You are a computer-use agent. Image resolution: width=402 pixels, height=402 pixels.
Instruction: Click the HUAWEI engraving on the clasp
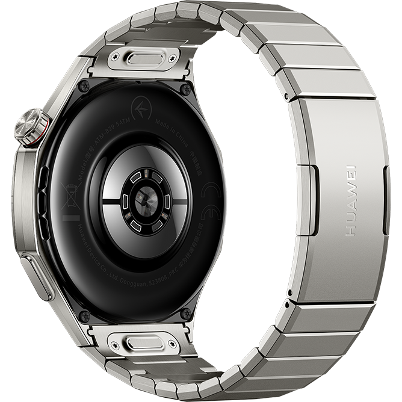coord(351,200)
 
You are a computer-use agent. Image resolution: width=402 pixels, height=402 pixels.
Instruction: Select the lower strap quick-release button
coord(145,342)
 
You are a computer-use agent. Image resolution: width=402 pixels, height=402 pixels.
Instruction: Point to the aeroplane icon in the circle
coord(141,111)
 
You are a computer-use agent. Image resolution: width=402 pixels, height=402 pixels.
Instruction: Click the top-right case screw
coord(185,90)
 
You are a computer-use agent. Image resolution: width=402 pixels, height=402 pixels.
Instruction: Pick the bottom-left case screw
coord(84,315)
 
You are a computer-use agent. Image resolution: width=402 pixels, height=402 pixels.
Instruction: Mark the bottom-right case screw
coord(186,313)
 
